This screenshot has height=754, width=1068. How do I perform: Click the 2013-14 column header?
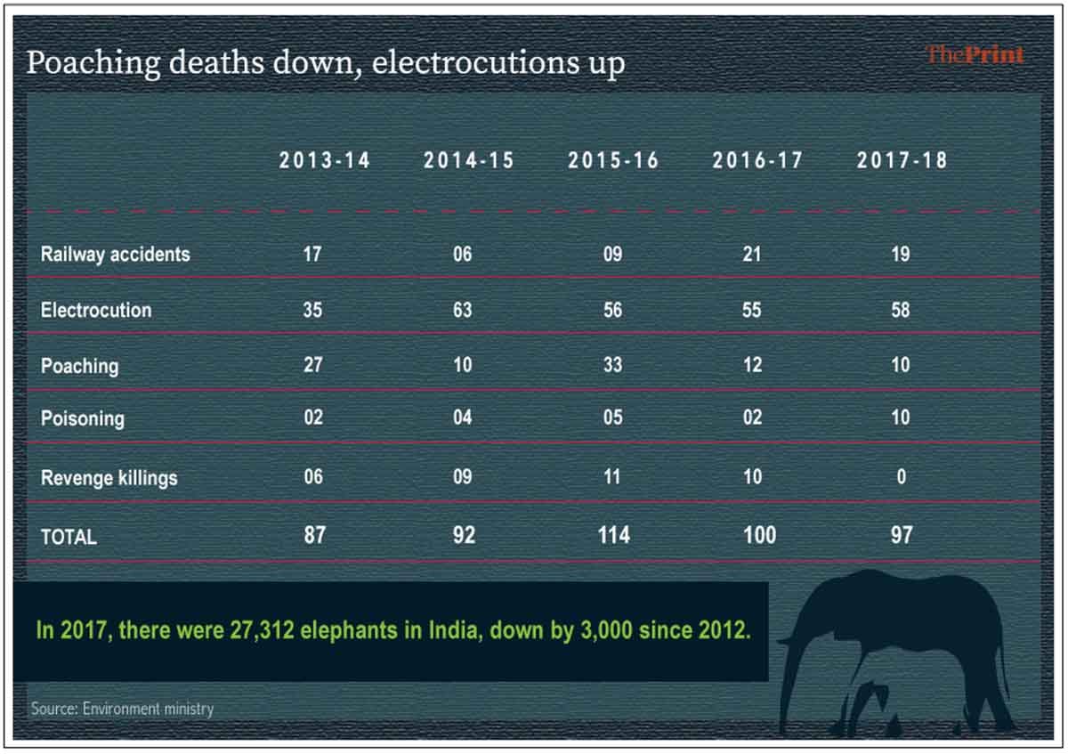(325, 161)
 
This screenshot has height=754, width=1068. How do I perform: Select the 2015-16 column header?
(613, 161)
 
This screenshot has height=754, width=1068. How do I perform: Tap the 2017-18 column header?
(902, 161)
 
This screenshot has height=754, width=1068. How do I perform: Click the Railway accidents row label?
(115, 255)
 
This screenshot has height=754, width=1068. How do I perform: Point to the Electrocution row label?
(96, 311)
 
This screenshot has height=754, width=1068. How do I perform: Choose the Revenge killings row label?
(109, 478)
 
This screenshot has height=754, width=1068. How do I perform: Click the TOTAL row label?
(69, 537)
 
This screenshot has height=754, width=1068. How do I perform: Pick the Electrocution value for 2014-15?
(463, 311)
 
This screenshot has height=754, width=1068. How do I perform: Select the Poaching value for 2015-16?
(612, 366)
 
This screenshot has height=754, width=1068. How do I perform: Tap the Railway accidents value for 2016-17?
(752, 255)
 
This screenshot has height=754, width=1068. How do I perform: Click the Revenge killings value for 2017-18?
(901, 478)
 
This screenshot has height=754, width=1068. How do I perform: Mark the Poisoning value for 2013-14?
(313, 418)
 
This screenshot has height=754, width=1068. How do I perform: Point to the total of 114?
(612, 536)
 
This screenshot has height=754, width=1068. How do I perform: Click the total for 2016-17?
(758, 536)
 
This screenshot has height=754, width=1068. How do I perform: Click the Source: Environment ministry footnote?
(122, 709)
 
